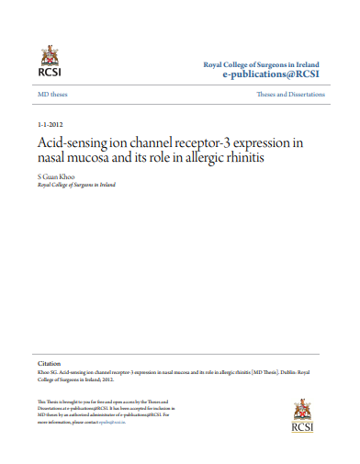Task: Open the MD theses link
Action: coord(52,95)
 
